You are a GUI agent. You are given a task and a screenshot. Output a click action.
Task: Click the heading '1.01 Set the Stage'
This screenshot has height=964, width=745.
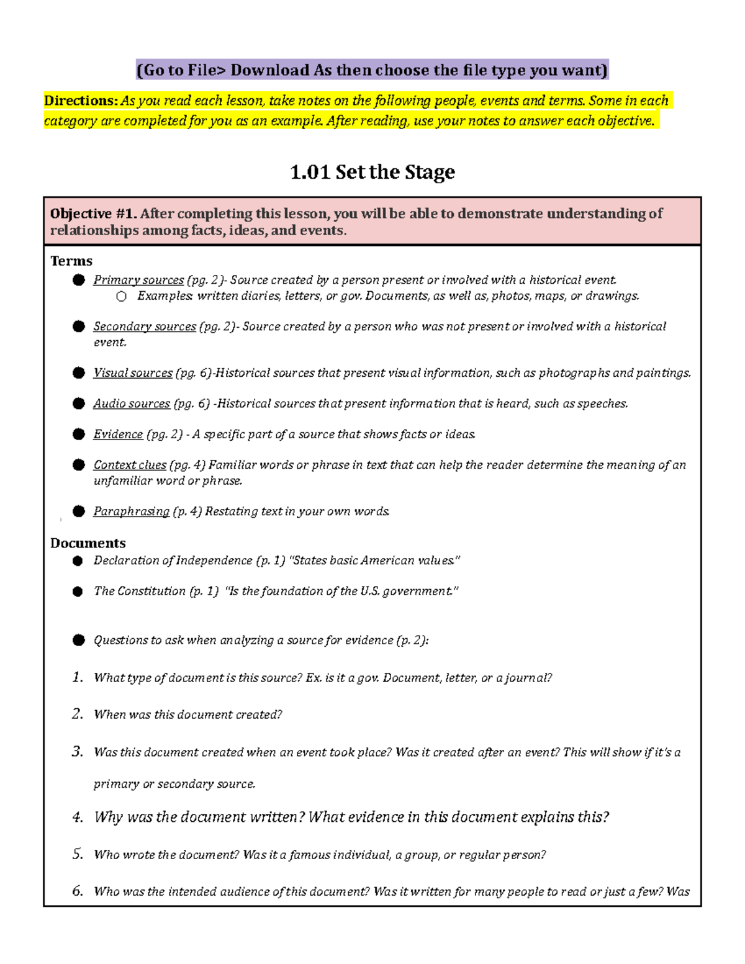pos(372,172)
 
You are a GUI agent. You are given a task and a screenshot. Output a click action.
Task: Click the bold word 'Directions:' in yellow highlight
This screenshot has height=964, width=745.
pos(81,101)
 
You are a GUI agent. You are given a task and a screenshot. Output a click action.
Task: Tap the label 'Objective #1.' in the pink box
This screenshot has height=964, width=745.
pos(93,214)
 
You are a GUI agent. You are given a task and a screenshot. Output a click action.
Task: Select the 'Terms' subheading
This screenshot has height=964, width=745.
pos(71,261)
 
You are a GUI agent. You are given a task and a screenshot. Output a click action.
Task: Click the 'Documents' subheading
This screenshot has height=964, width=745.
pos(88,543)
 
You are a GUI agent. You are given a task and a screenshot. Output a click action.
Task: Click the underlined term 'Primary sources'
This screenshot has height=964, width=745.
pos(138,280)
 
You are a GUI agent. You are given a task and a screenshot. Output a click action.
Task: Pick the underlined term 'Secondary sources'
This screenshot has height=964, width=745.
pos(145,327)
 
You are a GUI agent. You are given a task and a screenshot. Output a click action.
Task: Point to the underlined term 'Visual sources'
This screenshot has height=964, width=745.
pos(133,373)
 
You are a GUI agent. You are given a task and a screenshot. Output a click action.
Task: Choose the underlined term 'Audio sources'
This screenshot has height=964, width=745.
pos(132,404)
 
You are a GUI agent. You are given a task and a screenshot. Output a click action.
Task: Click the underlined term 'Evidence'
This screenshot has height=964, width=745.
pos(118,435)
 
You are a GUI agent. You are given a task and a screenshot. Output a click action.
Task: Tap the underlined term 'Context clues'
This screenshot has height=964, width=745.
pos(130,465)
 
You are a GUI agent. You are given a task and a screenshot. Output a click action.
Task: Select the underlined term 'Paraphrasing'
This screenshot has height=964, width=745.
pos(131,511)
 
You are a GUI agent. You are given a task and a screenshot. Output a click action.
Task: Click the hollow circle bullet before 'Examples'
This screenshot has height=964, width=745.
pos(122,297)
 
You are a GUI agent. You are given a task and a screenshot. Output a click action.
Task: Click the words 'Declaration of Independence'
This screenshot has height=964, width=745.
pos(173,561)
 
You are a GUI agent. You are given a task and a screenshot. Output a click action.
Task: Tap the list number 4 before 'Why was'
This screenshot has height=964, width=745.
pos(78,818)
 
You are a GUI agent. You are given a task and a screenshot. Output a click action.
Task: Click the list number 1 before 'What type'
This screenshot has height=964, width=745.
pos(78,677)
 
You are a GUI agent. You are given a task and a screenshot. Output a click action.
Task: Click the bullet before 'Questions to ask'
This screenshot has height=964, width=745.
pos(78,640)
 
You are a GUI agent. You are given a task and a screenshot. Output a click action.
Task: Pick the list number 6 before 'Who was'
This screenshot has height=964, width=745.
pos(78,891)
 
